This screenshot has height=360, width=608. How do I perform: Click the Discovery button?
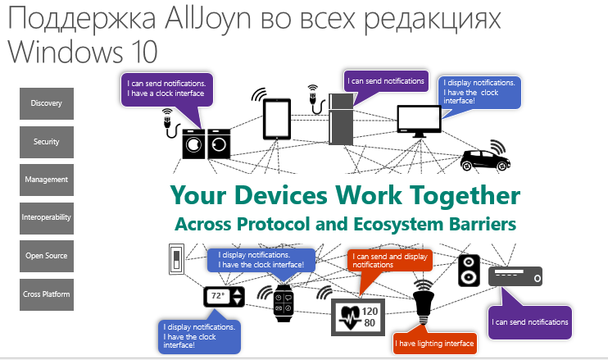pyautogui.click(x=47, y=103)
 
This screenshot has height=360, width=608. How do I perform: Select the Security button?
pyautogui.click(x=47, y=142)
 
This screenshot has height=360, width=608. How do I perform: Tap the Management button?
pyautogui.click(x=47, y=180)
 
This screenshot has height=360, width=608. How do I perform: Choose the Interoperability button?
pyautogui.click(x=47, y=218)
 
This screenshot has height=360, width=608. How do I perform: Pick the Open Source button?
pyautogui.click(x=47, y=256)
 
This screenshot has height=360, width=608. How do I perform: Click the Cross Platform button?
pyautogui.click(x=47, y=294)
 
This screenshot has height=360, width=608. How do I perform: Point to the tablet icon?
pyautogui.click(x=277, y=120)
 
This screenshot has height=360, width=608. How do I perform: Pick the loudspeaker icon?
pyautogui.click(x=469, y=270)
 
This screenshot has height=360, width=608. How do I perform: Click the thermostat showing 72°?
pyautogui.click(x=224, y=296)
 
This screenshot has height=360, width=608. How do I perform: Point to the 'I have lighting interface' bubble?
pyautogui.click(x=433, y=344)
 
